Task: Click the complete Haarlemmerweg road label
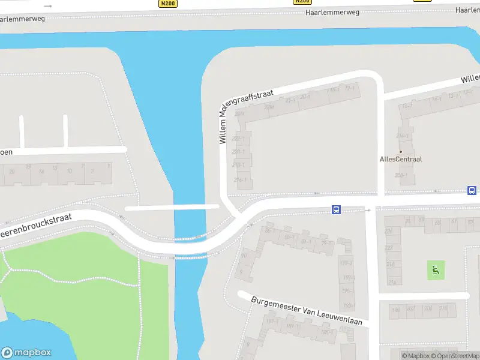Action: point(332,11)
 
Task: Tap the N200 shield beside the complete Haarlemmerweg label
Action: point(302,2)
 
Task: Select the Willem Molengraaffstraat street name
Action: point(246,117)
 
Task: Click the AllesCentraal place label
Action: point(401,159)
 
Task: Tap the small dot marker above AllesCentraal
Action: point(401,151)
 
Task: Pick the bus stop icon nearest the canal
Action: point(336,210)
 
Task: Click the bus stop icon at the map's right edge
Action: point(472,191)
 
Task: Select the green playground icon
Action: point(436,270)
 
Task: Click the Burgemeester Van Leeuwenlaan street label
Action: point(307,311)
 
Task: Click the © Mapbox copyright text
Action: point(416,356)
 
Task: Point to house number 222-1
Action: point(239,139)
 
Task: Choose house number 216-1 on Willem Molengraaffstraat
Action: point(239,179)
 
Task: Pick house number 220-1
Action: point(239,152)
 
